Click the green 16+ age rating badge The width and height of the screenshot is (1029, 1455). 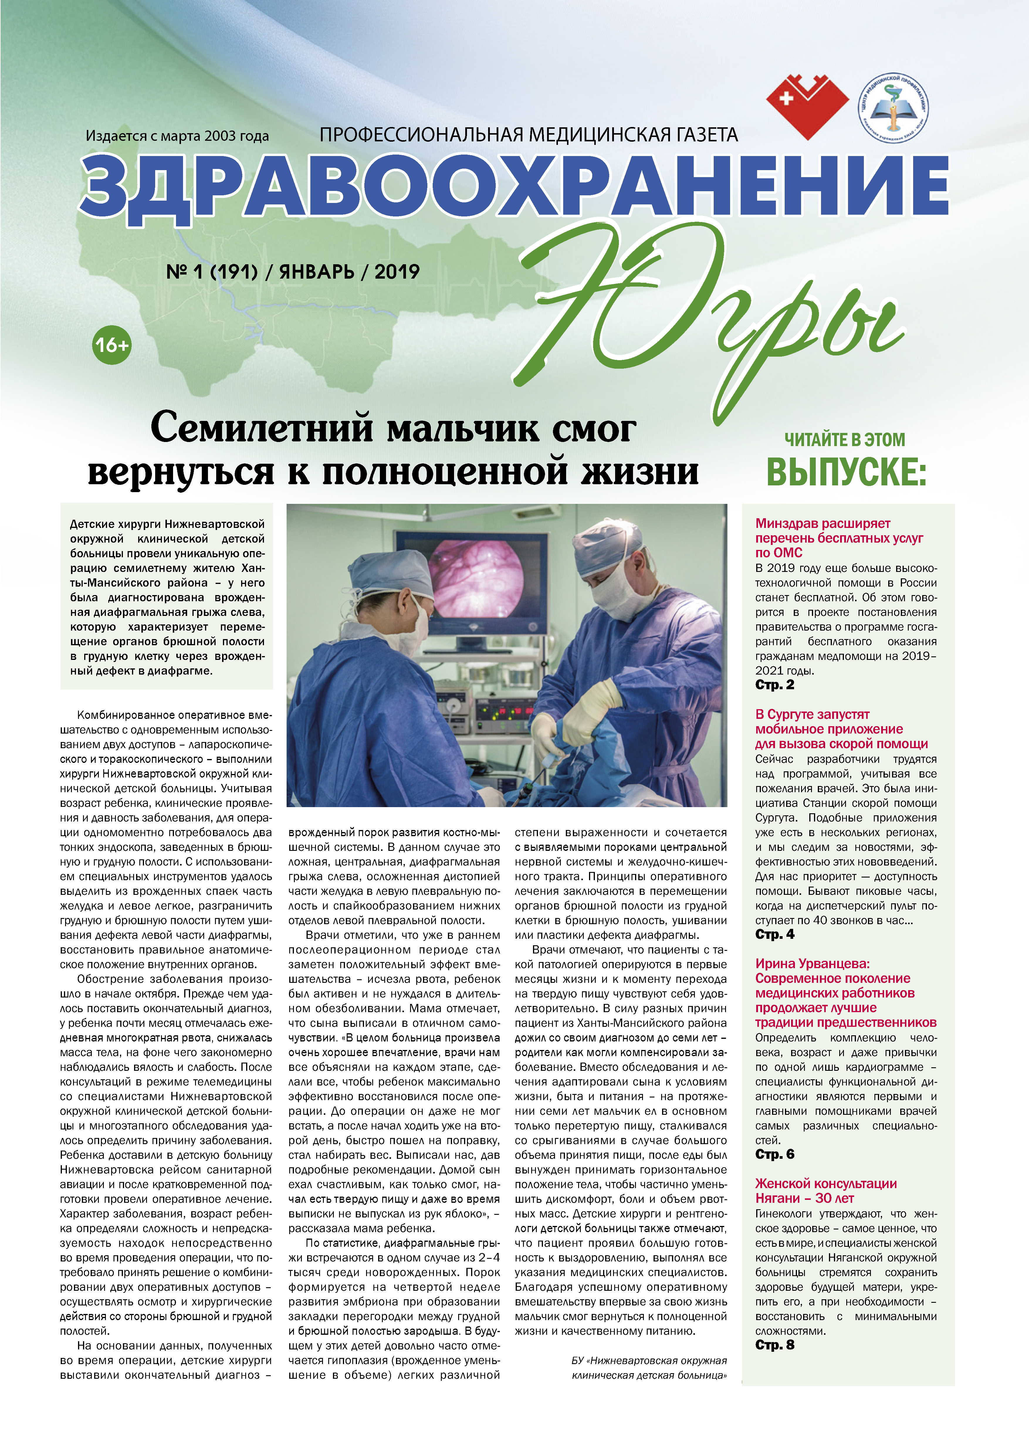click(x=111, y=345)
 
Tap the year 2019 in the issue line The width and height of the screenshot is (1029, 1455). click(x=397, y=272)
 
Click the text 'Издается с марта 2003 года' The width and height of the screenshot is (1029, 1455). click(x=177, y=135)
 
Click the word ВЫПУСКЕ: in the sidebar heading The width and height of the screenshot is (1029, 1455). click(x=846, y=472)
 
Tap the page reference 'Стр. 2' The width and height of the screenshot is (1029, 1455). click(x=774, y=685)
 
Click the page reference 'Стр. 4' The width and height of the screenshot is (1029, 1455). click(x=774, y=934)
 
